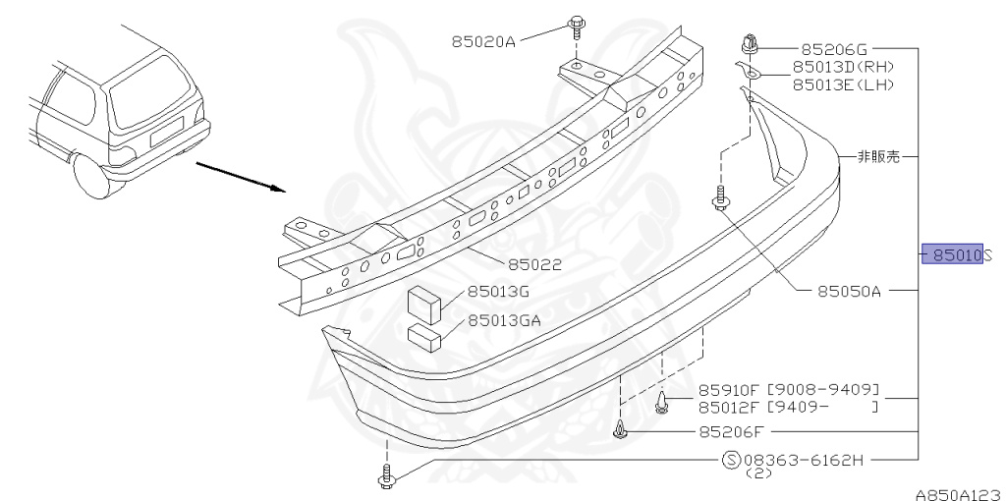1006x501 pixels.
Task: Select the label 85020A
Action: point(483,41)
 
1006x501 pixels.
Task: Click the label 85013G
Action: point(498,291)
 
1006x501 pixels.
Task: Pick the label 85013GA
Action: point(504,320)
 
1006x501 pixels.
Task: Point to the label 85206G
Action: point(835,48)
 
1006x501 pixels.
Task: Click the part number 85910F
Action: point(731,389)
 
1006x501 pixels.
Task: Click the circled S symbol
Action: point(731,459)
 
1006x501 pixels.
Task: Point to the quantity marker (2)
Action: point(759,474)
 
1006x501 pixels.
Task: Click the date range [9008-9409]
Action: point(822,389)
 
